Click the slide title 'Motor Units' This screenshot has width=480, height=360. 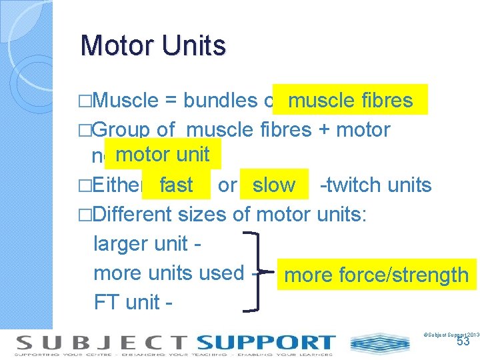pos(153,46)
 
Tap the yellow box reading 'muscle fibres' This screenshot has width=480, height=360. pos(350,100)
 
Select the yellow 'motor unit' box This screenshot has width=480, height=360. pos(163,155)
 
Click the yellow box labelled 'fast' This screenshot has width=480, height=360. pos(176,185)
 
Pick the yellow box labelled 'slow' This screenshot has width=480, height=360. pos(274,185)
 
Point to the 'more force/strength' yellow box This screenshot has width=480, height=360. pos(377,275)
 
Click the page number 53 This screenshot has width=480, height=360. pos(463,341)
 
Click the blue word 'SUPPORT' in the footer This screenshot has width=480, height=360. pos(266,343)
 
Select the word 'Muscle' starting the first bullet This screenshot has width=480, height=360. pos(126,101)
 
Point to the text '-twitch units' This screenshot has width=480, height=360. pos(375,185)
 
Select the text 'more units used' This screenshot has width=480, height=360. pos(169,273)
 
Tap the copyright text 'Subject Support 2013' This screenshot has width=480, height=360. pos(451,333)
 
